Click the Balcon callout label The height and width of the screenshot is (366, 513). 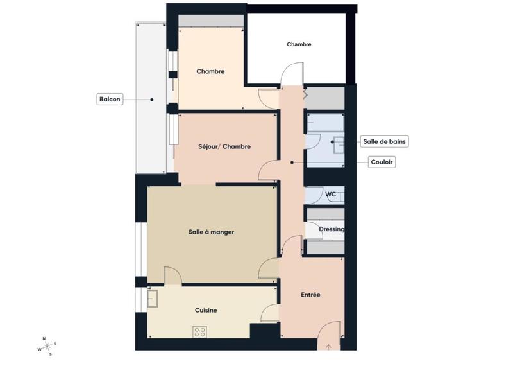[x=109, y=100]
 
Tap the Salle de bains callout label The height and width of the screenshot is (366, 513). [x=384, y=141]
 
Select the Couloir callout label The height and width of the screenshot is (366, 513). [x=382, y=162]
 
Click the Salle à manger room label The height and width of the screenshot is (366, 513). [x=211, y=232]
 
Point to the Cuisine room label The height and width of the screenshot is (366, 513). [x=206, y=310]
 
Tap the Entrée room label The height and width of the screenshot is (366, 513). [x=310, y=295]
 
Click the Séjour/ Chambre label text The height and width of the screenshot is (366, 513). [x=224, y=146]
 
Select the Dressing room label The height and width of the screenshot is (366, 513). [x=332, y=229]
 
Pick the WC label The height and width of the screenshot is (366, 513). [x=331, y=194]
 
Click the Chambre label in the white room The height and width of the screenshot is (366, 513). [x=299, y=44]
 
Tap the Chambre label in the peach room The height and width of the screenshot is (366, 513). [x=210, y=71]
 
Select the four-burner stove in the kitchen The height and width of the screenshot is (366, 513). [x=200, y=331]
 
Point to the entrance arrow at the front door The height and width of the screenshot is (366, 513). [x=328, y=347]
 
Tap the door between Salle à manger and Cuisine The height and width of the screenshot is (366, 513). [x=172, y=275]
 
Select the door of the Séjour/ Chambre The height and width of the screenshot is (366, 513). [x=267, y=169]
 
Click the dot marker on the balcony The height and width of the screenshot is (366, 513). [x=152, y=100]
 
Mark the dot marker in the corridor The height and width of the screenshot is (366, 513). [x=292, y=162]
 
